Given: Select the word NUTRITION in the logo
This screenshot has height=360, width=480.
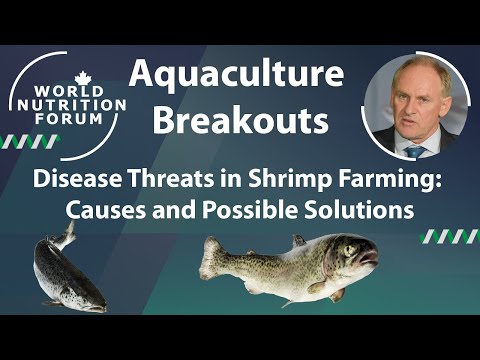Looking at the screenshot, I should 69,104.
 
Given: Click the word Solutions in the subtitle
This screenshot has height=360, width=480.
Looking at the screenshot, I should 359,211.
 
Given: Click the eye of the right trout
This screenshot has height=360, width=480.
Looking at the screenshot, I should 347,251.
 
